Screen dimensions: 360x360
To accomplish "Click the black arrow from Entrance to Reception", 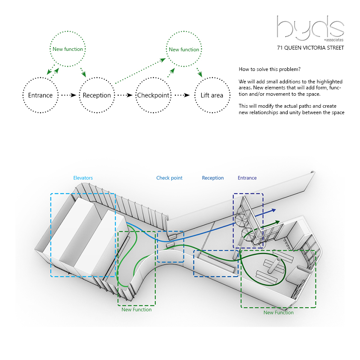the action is point(69,95).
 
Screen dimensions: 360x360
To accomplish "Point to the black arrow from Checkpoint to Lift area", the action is point(182,95).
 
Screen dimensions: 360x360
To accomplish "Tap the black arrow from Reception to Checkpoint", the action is point(125,95).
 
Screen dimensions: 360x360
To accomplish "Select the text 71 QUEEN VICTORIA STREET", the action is point(310,48).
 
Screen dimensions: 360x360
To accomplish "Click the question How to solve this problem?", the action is point(269,69).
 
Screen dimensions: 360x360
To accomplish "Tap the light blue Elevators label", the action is point(83,178).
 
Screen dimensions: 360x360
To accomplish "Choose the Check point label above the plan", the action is point(169,178).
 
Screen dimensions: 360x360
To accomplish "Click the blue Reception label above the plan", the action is point(213,178).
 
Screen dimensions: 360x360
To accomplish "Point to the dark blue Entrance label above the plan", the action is point(247,178).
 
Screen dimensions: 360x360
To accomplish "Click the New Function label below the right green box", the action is point(278,313).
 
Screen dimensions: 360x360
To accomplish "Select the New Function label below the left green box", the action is point(137,310).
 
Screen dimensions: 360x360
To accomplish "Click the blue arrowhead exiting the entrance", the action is point(273,210).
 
